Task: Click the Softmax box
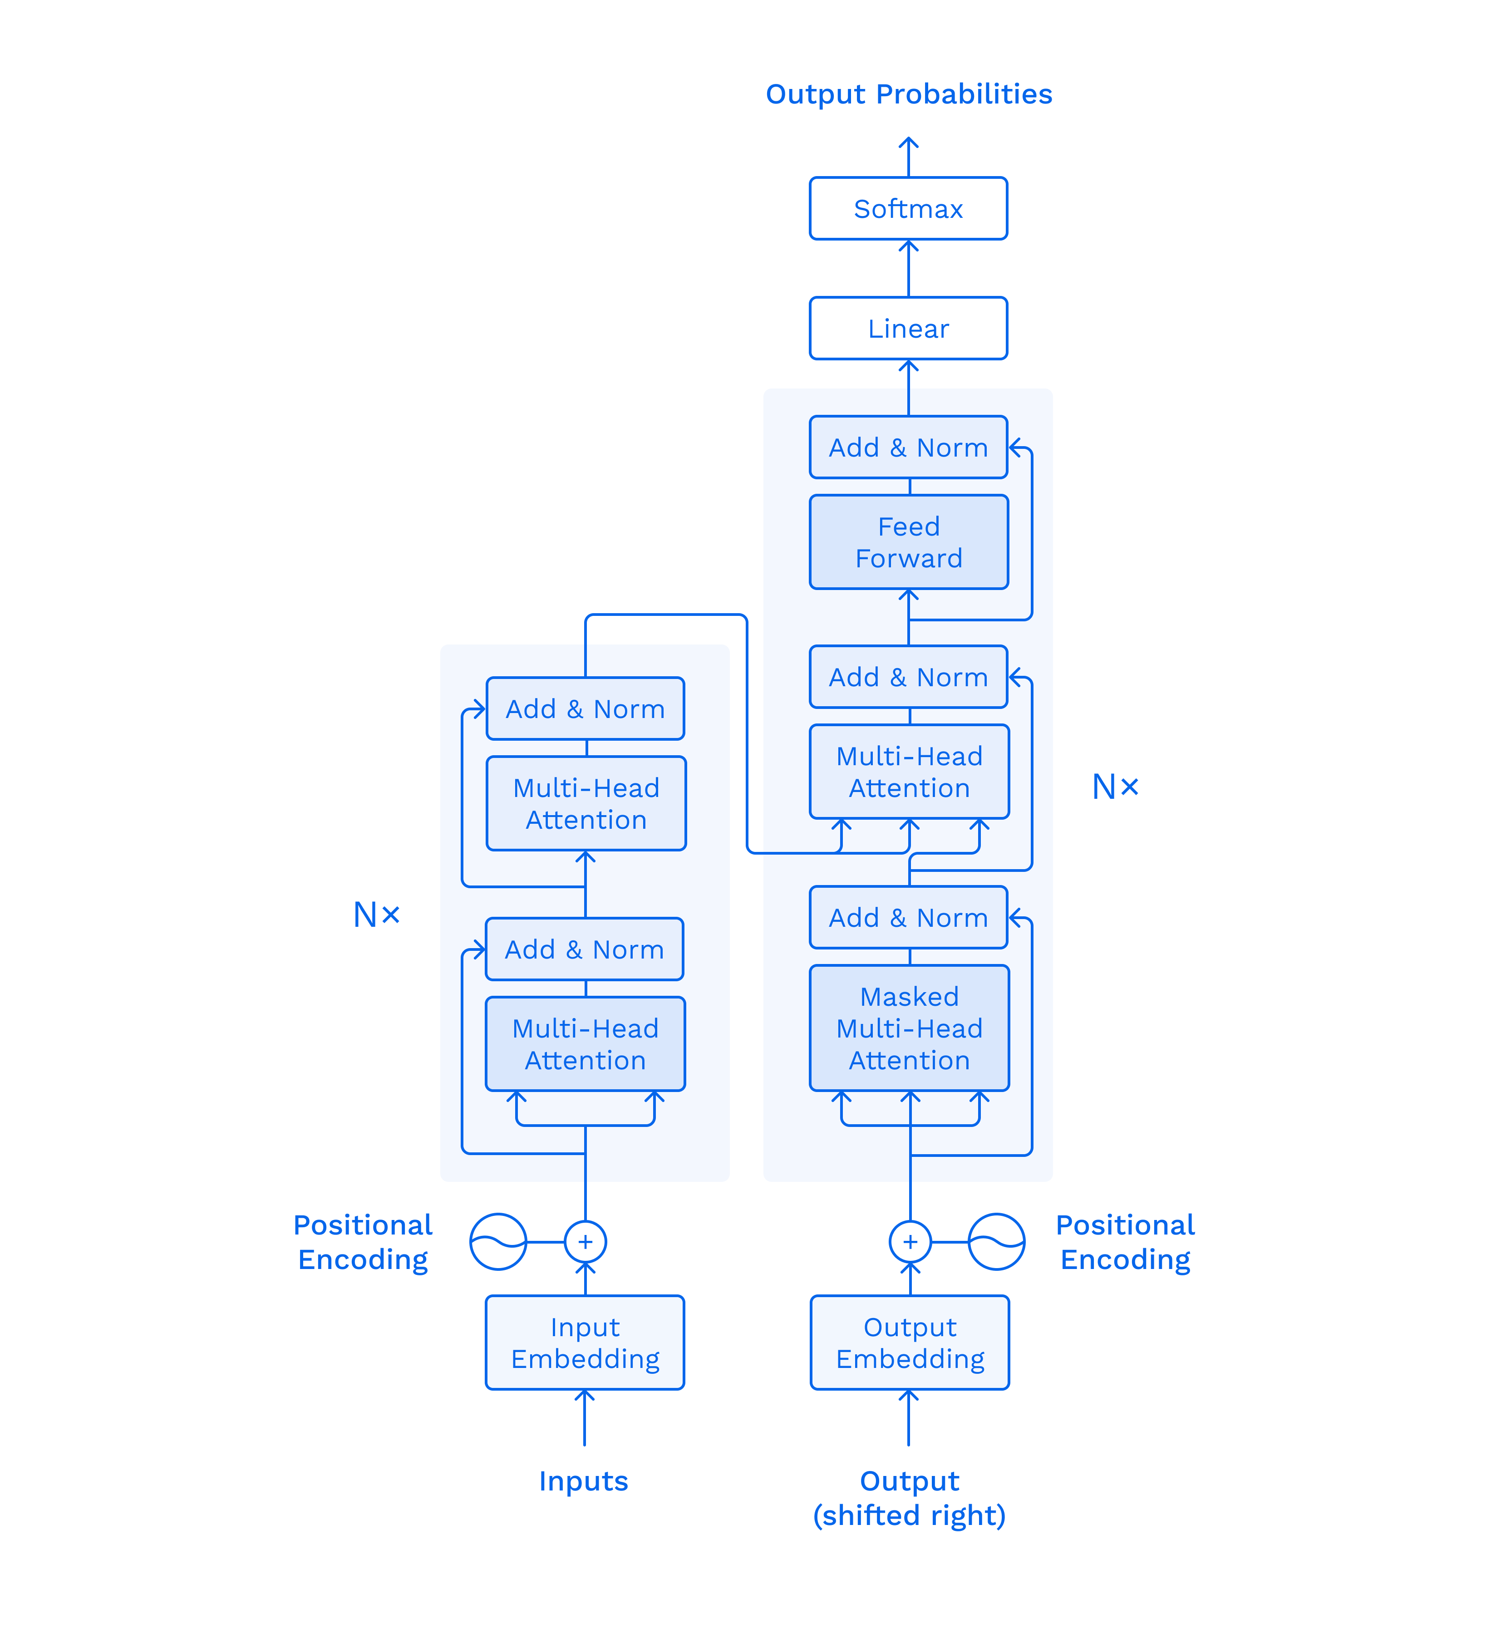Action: pos(908,208)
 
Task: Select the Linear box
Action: pos(908,328)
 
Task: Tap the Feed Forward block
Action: pos(909,542)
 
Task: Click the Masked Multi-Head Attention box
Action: pos(909,1028)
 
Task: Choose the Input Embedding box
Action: pos(585,1342)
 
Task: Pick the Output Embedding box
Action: pos(910,1342)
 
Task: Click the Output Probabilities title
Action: pos(909,94)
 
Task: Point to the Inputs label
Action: pos(583,1481)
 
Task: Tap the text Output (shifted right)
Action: pos(909,1498)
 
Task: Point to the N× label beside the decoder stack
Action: pos(1115,787)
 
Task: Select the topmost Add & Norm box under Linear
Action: pos(908,447)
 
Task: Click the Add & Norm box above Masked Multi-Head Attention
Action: pos(908,917)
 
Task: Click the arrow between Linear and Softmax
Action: pos(908,268)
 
